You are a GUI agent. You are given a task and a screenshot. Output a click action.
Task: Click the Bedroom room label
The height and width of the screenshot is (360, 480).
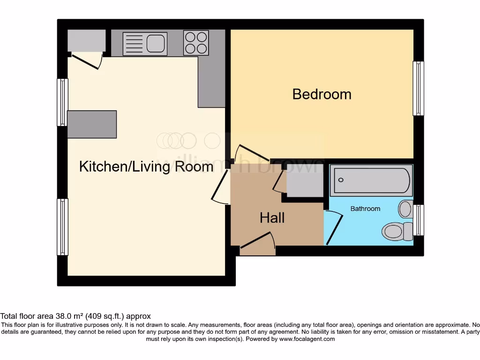pyautogui.click(x=322, y=94)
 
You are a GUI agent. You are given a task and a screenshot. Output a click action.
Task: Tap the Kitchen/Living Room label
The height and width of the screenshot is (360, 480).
pyautogui.click(x=146, y=166)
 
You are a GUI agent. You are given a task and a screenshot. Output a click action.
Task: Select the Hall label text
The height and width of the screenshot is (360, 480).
pyautogui.click(x=272, y=217)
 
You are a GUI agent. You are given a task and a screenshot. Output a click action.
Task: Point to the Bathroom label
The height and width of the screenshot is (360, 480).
pyautogui.click(x=365, y=209)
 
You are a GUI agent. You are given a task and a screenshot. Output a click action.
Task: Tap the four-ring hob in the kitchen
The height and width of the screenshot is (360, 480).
pyautogui.click(x=196, y=43)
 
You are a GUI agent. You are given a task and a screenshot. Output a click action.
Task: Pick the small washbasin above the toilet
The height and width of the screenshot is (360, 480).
pyautogui.click(x=405, y=209)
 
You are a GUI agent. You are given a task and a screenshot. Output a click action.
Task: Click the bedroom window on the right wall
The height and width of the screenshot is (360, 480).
pyautogui.click(x=418, y=89)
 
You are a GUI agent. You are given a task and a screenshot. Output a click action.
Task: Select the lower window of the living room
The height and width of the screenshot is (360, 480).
pyautogui.click(x=62, y=227)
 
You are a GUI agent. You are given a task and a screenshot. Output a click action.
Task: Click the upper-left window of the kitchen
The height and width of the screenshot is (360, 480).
pyautogui.click(x=62, y=102)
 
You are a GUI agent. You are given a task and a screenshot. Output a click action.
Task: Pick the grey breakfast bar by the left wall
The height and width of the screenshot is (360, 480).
pyautogui.click(x=92, y=124)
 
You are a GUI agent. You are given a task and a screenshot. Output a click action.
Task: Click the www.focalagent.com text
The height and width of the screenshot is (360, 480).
pyautogui.click(x=307, y=339)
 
